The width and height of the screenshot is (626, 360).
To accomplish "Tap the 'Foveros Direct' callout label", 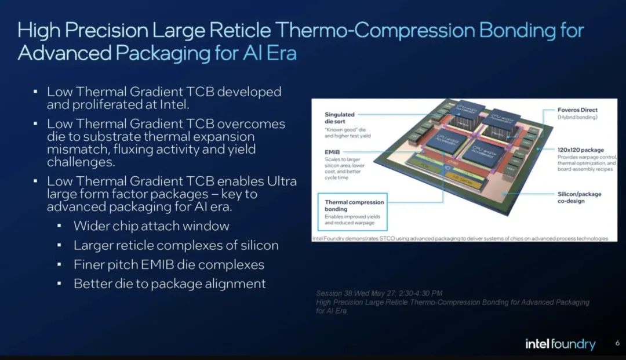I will [577, 110].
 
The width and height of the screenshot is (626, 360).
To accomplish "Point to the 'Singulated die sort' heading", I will [340, 118].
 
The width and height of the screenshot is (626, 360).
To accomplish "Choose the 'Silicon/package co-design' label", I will [579, 197].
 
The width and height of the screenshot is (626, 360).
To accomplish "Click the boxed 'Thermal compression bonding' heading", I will [354, 206].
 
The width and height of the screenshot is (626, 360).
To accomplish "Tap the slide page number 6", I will [617, 344].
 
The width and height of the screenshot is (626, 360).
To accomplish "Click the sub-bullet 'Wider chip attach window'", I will [151, 226].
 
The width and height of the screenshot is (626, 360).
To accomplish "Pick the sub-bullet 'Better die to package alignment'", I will [169, 283].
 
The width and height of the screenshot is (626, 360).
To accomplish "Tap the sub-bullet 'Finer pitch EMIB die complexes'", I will [169, 265].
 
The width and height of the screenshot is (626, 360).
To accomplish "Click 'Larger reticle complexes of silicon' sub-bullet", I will [176, 245].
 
